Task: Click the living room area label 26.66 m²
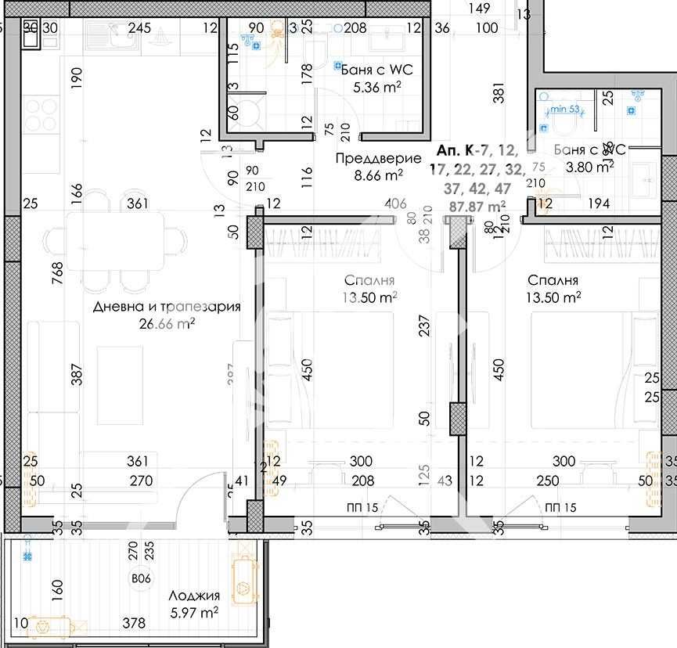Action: coord(165,322)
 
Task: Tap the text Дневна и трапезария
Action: coord(166,307)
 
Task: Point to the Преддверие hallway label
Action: coord(369,159)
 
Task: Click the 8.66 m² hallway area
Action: coord(379,175)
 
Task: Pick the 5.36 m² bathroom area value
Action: coord(377,88)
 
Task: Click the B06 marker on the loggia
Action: coord(141,580)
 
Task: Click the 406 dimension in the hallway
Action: coord(395,204)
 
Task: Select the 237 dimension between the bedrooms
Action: coord(425,326)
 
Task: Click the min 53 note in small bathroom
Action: coord(565,110)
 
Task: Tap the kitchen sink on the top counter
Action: coord(113,34)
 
